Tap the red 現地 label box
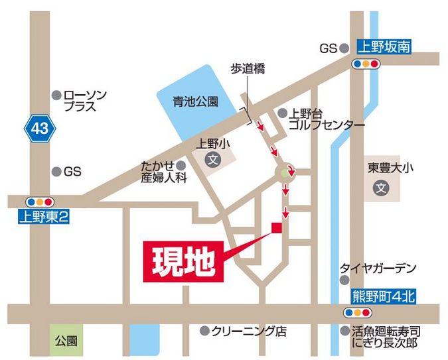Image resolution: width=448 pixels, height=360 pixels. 183,259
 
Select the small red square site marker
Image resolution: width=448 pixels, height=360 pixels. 276,228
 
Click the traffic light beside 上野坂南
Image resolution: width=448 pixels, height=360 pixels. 366,64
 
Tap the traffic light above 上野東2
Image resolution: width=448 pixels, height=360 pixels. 37,201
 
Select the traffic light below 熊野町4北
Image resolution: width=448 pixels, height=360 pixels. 357,312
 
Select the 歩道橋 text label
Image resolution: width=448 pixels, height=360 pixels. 248,70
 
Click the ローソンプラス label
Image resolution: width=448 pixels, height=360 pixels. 84,101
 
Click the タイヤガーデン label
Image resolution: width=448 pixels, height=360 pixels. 378,268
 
